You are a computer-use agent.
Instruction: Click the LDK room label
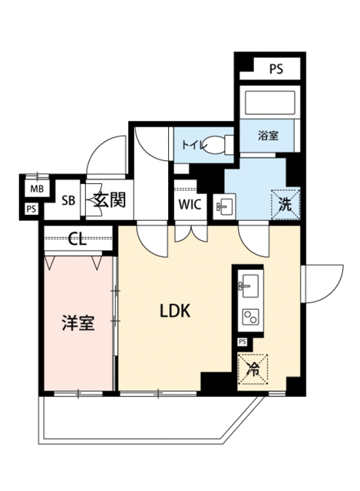click(175, 311)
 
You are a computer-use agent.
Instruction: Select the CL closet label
click(77, 240)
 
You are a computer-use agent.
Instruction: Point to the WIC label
click(190, 205)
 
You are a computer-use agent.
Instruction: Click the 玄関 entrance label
click(110, 199)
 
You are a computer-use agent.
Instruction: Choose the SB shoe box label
click(68, 200)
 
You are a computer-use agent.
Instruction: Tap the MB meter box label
click(37, 189)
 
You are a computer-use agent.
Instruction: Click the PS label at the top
click(276, 69)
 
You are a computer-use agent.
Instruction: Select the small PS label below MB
click(31, 209)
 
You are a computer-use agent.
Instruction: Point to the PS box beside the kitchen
click(243, 341)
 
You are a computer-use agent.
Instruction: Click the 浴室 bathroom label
click(269, 136)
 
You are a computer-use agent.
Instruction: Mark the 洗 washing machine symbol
click(286, 205)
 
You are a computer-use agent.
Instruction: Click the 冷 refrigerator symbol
click(253, 369)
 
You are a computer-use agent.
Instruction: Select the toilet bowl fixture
click(220, 145)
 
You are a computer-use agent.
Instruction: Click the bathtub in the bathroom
click(270, 103)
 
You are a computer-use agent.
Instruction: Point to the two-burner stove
click(251, 317)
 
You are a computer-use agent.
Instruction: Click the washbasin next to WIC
click(224, 206)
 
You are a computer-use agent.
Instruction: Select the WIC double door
click(191, 231)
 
